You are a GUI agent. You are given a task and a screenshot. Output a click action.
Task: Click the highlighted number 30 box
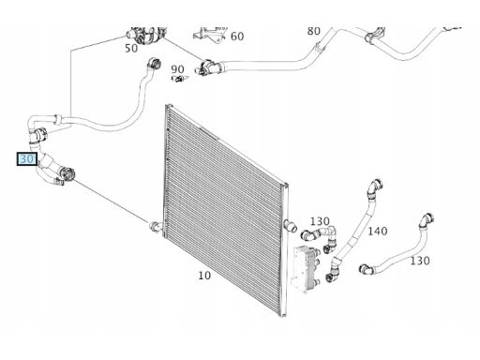click(x=27, y=159)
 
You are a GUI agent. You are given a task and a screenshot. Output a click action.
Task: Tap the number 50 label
click(x=131, y=48)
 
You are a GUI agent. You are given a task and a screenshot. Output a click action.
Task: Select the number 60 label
click(x=237, y=37)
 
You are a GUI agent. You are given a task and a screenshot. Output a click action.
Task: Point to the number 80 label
click(x=314, y=31)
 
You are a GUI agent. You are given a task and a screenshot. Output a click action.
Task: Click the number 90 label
click(x=177, y=69)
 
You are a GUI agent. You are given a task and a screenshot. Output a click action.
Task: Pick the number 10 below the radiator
click(x=204, y=276)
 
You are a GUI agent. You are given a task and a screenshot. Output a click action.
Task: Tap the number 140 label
click(x=378, y=232)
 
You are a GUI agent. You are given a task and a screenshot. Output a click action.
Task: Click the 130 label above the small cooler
click(x=320, y=221)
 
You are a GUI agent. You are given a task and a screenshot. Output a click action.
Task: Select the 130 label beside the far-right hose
click(x=420, y=261)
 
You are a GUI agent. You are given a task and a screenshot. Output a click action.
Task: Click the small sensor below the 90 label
click(x=179, y=78)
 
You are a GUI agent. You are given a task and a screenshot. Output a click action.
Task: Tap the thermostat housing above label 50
click(x=145, y=35)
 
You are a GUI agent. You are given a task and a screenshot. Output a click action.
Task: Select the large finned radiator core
click(x=226, y=210)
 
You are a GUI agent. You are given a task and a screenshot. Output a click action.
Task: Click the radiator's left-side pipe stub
click(x=156, y=226)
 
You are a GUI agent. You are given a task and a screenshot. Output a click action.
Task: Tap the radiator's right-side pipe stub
click(x=290, y=226)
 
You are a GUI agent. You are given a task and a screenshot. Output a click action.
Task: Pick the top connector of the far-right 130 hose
click(x=427, y=219)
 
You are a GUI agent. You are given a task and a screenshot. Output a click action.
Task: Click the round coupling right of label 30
click(x=67, y=173)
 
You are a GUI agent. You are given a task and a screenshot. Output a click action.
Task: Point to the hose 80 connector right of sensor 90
click(x=208, y=67)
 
